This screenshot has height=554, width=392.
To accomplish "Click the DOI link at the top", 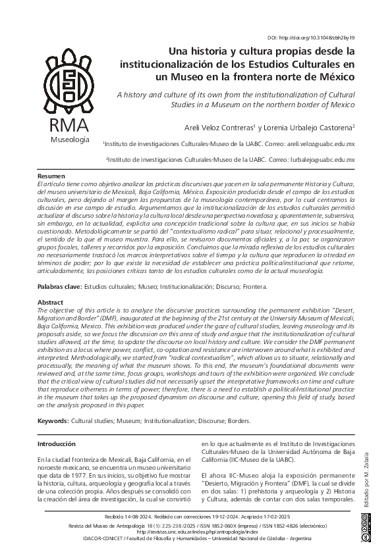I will click(x=322, y=38).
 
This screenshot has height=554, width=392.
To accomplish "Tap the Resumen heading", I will click(x=51, y=176).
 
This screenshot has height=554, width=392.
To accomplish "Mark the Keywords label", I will click(x=53, y=420).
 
